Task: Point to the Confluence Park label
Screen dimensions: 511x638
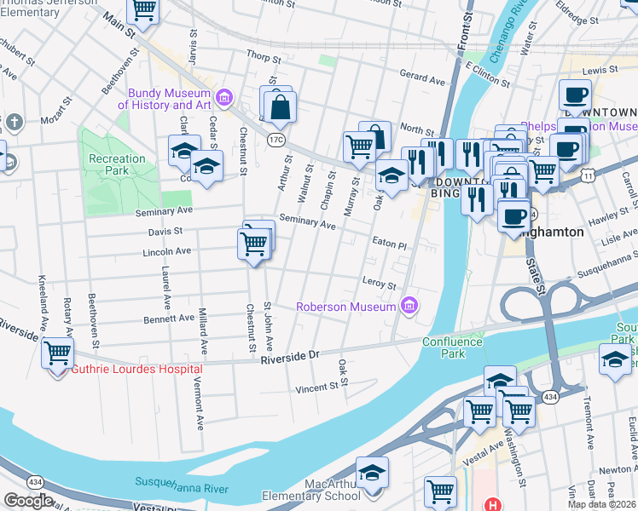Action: tap(452, 347)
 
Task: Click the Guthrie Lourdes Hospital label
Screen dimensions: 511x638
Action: tap(136, 369)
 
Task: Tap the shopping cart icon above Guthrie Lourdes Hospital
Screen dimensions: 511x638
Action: tap(57, 351)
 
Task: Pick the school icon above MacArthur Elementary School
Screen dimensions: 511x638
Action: tap(372, 471)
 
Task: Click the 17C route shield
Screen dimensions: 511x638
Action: tap(275, 138)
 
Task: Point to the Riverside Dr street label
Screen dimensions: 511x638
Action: tap(289, 354)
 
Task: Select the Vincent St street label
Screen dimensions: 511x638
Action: tap(316, 388)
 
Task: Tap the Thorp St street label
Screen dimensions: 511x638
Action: tap(264, 59)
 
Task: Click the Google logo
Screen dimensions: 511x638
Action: tap(28, 501)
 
